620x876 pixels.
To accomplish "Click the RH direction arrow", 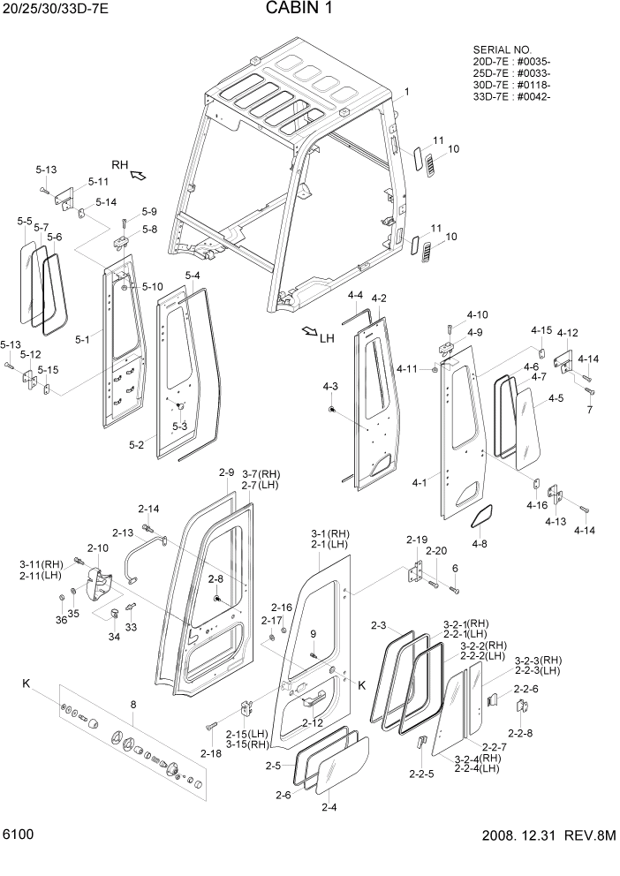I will [x=138, y=176].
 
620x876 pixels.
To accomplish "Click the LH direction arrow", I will [x=308, y=332].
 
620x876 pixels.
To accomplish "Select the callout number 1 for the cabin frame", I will [x=407, y=93].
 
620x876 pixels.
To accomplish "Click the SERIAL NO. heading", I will [x=503, y=50].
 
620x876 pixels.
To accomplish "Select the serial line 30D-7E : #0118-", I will [x=512, y=85].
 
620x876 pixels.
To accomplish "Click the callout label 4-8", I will [x=479, y=544].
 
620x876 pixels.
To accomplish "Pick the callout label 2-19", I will [x=417, y=540].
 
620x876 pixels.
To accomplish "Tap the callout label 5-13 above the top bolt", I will [x=46, y=170].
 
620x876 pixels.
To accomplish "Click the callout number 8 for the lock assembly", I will [x=133, y=704].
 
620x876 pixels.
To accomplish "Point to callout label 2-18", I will [x=210, y=752].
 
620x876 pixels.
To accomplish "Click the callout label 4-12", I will [x=567, y=333].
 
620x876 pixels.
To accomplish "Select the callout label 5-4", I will [x=193, y=276].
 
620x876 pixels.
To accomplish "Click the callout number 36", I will [x=62, y=620].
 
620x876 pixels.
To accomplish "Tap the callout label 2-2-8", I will [x=520, y=732].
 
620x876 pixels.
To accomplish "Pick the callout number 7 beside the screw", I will [x=590, y=410].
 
